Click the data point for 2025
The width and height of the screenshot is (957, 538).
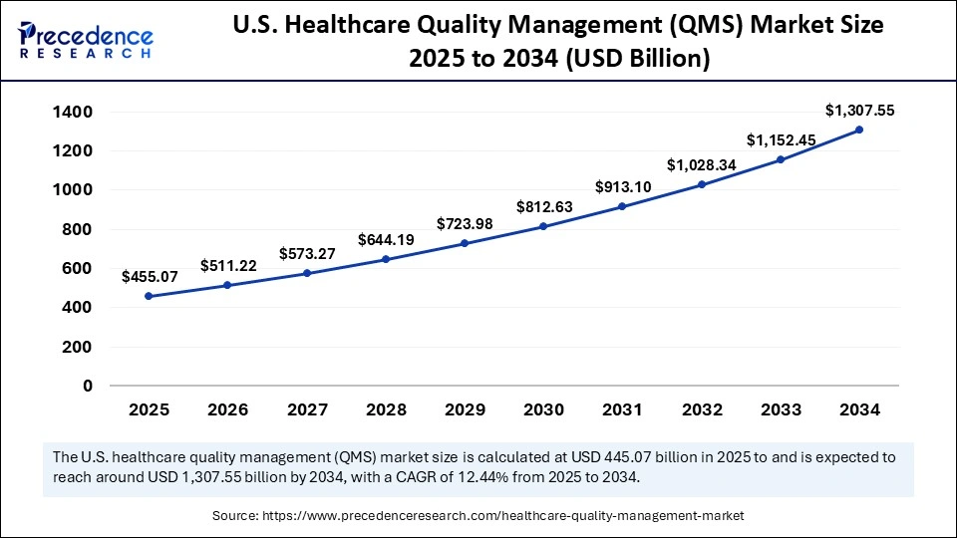149,296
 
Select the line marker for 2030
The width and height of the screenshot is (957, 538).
543,226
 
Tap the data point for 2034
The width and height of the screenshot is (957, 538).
858,130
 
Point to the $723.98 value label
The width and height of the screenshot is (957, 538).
464,224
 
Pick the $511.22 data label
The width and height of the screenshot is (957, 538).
228,265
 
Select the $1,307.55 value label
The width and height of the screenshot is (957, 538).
860,111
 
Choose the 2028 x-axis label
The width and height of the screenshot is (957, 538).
386,409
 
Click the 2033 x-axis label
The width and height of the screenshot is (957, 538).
781,409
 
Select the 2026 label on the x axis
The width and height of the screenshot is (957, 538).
227,409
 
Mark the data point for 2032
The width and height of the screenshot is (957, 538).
701,184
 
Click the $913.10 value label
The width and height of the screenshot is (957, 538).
623,186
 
